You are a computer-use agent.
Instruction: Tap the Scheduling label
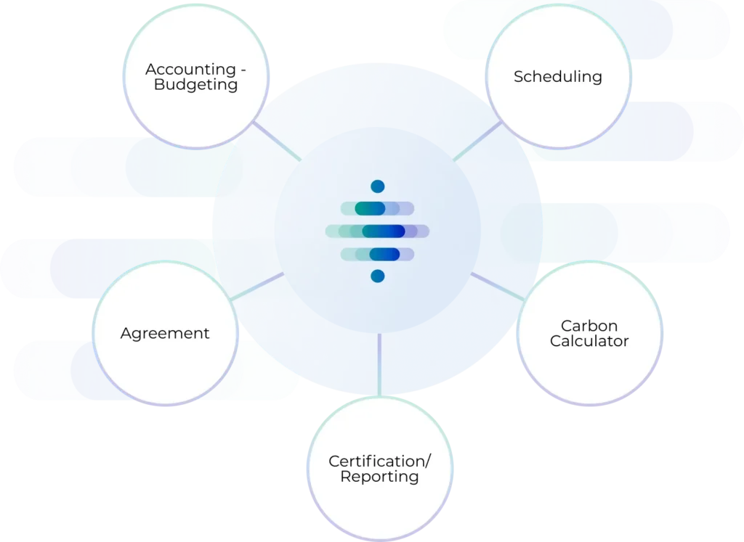(557, 76)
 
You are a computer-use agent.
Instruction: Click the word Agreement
(164, 334)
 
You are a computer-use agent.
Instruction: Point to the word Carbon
(589, 326)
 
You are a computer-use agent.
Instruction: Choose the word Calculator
(589, 341)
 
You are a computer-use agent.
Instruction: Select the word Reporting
(379, 477)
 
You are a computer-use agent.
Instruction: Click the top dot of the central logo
(377, 186)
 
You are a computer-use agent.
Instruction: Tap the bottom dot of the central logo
(377, 276)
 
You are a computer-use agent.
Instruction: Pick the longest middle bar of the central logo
(377, 231)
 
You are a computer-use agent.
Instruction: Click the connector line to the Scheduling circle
(477, 141)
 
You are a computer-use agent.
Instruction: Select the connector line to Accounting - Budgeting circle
(277, 141)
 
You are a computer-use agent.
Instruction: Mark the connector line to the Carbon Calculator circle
(497, 286)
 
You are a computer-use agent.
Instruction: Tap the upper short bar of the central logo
(377, 209)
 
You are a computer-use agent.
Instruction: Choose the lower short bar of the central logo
(377, 254)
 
